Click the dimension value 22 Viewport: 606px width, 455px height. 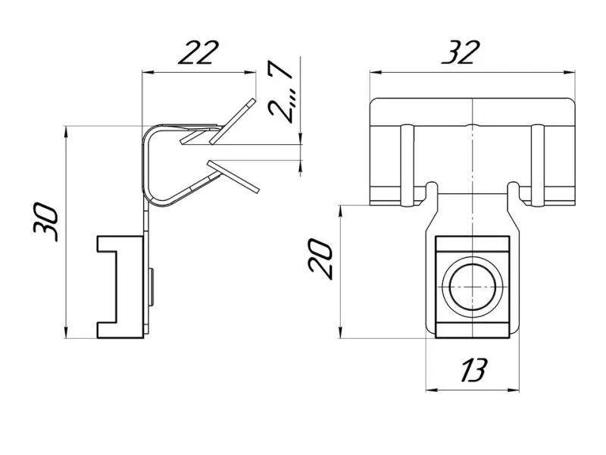[198, 52]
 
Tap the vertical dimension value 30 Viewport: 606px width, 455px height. [45, 222]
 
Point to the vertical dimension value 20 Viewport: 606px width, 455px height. [320, 259]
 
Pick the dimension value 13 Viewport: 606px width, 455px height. [474, 370]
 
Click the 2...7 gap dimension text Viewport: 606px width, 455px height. [280, 92]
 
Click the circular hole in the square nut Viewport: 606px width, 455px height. [472, 287]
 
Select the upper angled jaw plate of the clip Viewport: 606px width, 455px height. [233, 121]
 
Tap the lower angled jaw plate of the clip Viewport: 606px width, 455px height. [233, 176]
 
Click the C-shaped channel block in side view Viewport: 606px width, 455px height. [120, 287]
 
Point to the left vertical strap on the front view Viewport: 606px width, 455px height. [406, 165]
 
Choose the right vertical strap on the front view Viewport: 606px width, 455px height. [537, 165]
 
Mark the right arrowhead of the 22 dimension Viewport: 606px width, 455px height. [252, 72]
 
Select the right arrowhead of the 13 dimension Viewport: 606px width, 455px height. [515, 391]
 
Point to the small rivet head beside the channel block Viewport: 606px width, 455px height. [151, 287]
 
